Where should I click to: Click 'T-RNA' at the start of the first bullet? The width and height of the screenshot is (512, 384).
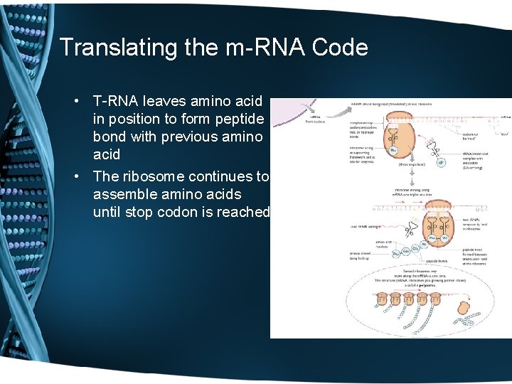pyautogui.click(x=116, y=102)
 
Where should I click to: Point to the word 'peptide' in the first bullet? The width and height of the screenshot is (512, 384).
pyautogui.click(x=240, y=119)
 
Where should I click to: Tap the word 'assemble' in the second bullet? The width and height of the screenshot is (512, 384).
pyautogui.click(x=121, y=195)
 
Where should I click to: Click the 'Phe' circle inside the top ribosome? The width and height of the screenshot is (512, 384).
pyautogui.click(x=393, y=150)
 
